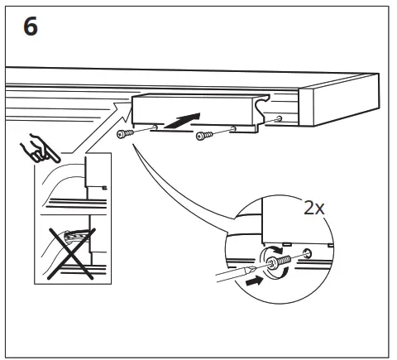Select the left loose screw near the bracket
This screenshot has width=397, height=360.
(126, 134)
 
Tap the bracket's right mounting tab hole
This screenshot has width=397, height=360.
(235, 128)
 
